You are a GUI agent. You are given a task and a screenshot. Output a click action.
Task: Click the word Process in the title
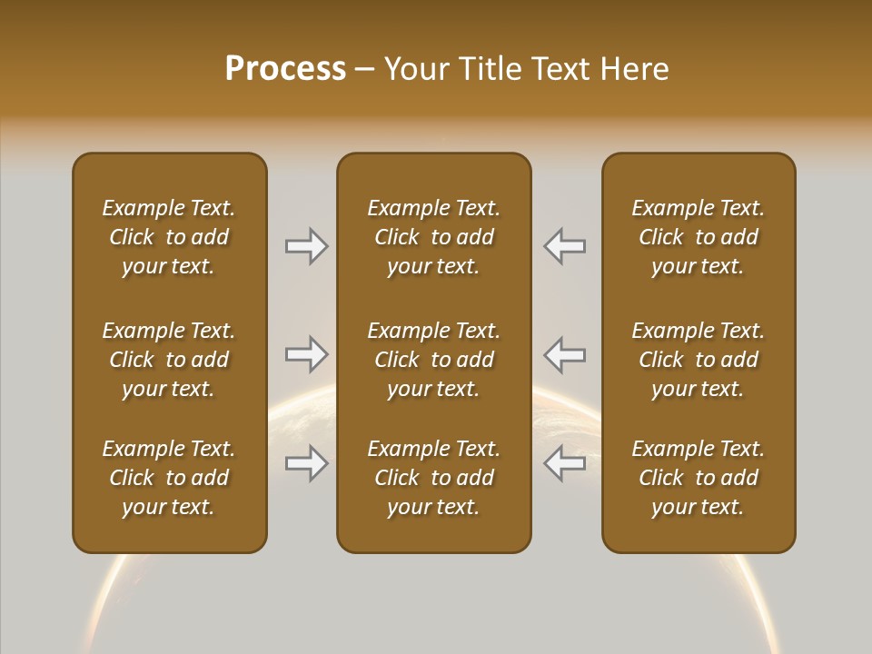point(285,69)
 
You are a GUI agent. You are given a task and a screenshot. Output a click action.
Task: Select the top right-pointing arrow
point(307,246)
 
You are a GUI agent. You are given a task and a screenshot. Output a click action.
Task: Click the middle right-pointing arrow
point(307,354)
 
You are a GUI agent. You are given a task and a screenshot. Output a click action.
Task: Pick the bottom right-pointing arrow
point(307,463)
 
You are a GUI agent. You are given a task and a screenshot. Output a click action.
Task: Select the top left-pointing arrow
point(564,246)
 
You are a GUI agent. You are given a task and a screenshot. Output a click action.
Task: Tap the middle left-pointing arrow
point(564,354)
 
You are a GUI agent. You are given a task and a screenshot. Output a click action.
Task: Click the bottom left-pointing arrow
point(564,463)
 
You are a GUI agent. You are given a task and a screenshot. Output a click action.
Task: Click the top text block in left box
point(169,237)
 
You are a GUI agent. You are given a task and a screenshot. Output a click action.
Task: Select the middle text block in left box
point(169,360)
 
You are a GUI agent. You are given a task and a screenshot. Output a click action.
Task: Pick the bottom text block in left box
point(169,478)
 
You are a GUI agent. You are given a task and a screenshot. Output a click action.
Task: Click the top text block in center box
point(433,237)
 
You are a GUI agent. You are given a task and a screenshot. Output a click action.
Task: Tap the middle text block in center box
point(433,360)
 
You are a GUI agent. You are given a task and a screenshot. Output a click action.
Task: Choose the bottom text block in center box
point(433,478)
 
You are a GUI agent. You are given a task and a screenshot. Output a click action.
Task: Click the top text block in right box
point(698,237)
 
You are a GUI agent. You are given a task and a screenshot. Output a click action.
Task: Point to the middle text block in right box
point(698,360)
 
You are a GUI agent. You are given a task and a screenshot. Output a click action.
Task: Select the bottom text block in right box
point(698,478)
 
